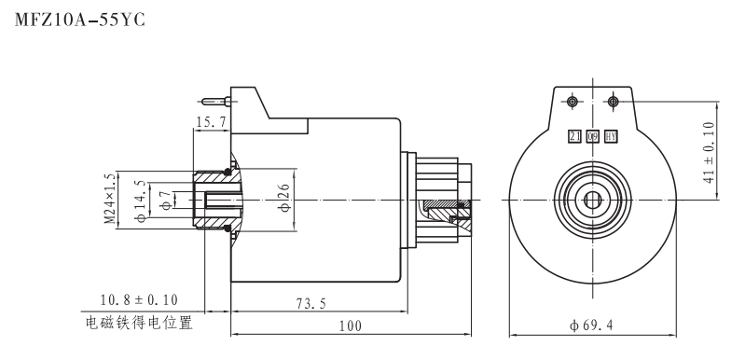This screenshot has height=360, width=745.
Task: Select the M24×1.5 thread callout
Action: pos(109,199)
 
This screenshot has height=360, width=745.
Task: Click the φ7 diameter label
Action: pos(165,199)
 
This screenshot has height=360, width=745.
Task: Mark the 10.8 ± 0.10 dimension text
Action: pos(138,300)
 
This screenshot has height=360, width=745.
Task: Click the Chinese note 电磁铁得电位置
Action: pos(138,324)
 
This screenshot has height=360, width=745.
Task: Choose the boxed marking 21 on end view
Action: pos(575,136)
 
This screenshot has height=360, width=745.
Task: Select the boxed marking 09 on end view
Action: pos(593,136)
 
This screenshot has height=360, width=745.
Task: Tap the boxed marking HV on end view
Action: pos(612,136)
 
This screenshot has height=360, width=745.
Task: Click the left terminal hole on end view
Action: pos(573,101)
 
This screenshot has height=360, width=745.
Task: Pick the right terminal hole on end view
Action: pos(613,101)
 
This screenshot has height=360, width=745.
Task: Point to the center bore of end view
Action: pos(593,199)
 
